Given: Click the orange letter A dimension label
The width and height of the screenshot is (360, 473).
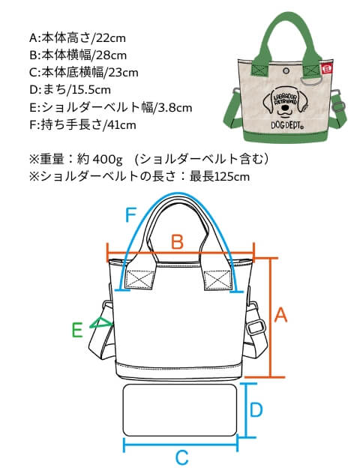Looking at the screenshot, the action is pyautogui.click(x=281, y=316).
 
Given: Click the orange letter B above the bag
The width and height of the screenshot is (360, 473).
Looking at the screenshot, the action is pyautogui.click(x=178, y=241).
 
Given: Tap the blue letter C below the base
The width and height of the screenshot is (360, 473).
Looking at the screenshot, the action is pyautogui.click(x=182, y=457).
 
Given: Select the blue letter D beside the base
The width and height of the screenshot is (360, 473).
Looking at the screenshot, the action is pyautogui.click(x=256, y=409).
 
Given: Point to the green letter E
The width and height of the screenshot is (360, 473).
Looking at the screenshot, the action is pyautogui.click(x=77, y=330).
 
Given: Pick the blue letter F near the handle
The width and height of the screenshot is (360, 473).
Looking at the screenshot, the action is pyautogui.click(x=130, y=215).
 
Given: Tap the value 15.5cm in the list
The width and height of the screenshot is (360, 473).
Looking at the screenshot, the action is pyautogui.click(x=91, y=90).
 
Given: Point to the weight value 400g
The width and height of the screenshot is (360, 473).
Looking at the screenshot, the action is pyautogui.click(x=108, y=160).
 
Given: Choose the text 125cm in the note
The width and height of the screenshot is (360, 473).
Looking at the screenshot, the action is pyautogui.click(x=232, y=177).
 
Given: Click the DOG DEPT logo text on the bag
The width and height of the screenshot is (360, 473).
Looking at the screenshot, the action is pyautogui.click(x=287, y=125).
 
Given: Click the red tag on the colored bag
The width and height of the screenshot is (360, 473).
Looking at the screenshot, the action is pyautogui.click(x=327, y=69).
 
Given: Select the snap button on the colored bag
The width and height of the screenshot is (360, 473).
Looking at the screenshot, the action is pyautogui.click(x=286, y=71).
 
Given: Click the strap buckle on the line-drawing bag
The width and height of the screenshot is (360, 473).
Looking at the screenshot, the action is pyautogui.click(x=256, y=327).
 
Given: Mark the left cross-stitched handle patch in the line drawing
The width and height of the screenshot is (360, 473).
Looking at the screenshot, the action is pyautogui.click(x=139, y=280).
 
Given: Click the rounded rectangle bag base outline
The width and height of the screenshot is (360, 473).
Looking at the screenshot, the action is pyautogui.click(x=180, y=410).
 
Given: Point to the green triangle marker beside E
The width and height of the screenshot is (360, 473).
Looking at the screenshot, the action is pyautogui.click(x=101, y=323).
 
